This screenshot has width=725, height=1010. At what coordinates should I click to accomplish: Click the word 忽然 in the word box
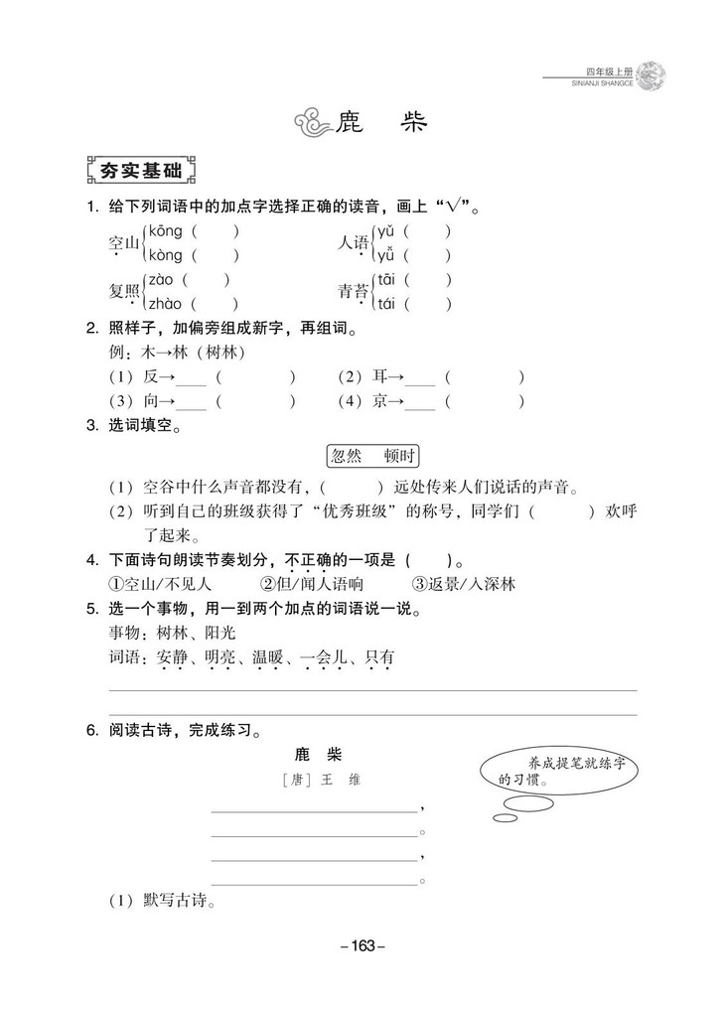[347, 456]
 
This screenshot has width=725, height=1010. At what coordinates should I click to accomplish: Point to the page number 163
[362, 946]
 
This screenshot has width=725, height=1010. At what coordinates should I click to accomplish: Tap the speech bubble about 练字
[559, 772]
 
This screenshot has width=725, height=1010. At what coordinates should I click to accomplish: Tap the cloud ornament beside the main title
[312, 124]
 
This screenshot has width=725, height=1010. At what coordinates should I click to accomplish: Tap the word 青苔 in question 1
[353, 292]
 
